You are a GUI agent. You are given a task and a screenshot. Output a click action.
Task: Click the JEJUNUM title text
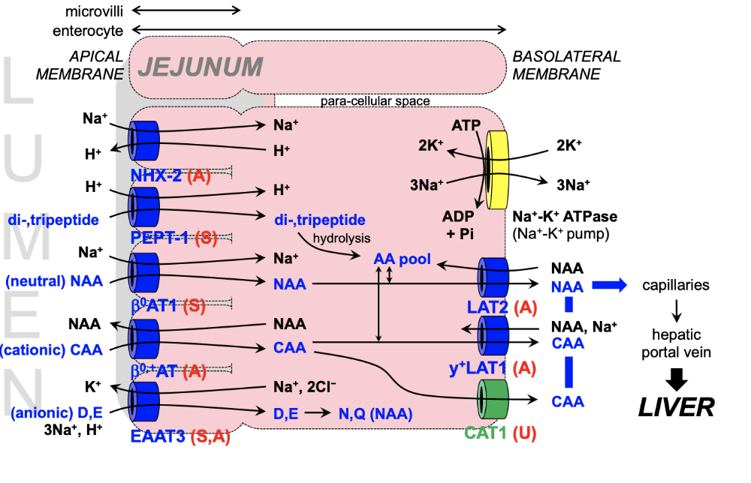point(200,67)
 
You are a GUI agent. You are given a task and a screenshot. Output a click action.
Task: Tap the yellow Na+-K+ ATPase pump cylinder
point(499,170)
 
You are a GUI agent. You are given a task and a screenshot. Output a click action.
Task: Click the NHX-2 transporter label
point(160,177)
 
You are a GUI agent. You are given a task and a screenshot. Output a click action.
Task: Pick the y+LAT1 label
point(475,367)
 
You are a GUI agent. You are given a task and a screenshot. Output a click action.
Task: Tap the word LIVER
point(676,406)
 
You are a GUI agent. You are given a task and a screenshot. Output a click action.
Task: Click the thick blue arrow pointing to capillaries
point(609,285)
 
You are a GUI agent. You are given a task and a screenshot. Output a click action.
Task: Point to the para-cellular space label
point(375,100)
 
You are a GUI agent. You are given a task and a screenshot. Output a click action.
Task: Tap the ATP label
point(466,124)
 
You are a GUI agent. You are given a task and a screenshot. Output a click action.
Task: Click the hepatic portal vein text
point(677,343)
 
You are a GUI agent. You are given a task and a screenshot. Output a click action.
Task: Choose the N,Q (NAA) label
point(375,412)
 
